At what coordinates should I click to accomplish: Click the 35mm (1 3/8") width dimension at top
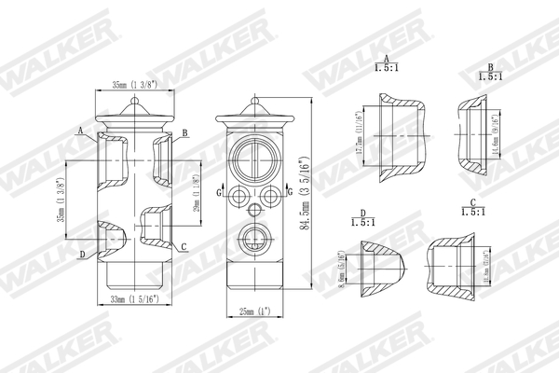[x=135, y=84]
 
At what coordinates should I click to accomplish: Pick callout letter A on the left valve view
[x=81, y=131]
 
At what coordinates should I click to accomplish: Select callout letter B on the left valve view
[x=185, y=133]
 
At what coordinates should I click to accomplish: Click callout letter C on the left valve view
[x=184, y=247]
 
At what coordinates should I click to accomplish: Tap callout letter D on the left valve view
[x=82, y=254]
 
